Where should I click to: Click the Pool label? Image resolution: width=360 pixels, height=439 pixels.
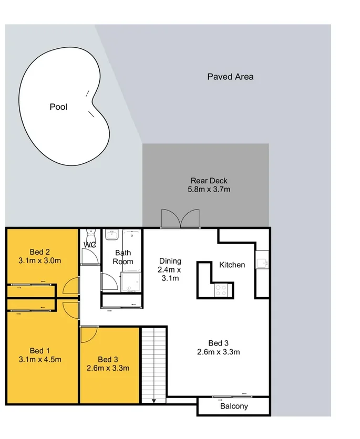point(58,107)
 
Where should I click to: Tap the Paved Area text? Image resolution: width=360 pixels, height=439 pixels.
point(230,77)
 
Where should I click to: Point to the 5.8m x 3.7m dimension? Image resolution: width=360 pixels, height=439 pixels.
point(209,189)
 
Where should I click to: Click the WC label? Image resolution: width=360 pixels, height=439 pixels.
point(89,245)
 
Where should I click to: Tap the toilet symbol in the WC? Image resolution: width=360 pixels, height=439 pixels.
point(89,232)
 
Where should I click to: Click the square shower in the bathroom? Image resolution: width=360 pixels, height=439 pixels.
point(130,282)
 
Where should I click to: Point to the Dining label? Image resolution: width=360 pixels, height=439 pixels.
point(169,261)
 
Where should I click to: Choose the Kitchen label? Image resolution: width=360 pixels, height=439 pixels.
point(232,265)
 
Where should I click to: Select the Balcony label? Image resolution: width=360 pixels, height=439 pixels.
point(234,406)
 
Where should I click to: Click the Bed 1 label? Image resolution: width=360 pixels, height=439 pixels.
point(40,351)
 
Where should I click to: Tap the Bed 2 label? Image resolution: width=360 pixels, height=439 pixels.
point(40,250)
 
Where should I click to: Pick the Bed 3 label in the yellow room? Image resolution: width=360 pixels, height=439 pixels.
point(108,359)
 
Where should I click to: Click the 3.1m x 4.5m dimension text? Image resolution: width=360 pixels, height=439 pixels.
point(40,360)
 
